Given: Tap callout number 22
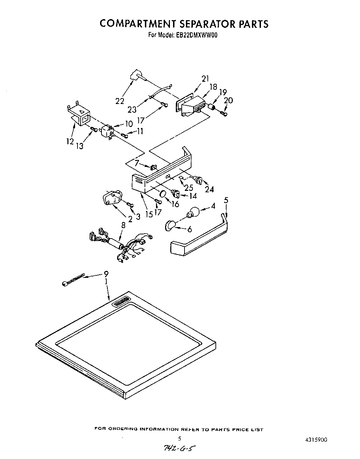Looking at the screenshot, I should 120,101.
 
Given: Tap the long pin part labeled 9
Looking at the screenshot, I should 73,280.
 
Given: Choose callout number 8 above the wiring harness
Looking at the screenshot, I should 123,225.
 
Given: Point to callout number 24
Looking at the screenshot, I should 209,190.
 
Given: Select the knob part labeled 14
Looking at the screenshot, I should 176,192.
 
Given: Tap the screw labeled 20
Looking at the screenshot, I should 224,113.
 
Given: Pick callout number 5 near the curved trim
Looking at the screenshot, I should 226,200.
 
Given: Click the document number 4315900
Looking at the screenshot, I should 315,440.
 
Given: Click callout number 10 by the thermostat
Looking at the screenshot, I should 129,123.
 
